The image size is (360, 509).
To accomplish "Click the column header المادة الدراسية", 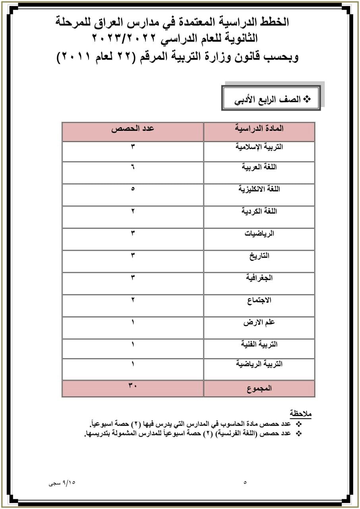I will point(259,128).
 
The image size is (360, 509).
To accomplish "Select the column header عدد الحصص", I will point(133,128).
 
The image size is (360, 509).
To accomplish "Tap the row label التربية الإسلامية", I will point(259,147).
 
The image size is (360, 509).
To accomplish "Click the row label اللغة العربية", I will point(259,167).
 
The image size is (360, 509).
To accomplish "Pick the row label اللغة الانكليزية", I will point(259,189).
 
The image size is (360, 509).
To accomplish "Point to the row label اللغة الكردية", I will point(259,211).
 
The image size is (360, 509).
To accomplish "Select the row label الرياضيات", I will point(259,233).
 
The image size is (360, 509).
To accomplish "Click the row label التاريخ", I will point(259,256).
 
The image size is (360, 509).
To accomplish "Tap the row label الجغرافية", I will point(259,278).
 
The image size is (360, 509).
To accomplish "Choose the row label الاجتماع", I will point(259,300).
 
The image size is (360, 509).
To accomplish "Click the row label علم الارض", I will point(259,322).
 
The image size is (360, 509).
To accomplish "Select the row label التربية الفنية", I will point(259,344).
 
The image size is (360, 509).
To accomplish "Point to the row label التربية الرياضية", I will point(259,364).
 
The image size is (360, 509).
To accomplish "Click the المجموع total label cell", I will point(259,389).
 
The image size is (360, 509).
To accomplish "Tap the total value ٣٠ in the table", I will point(133,385).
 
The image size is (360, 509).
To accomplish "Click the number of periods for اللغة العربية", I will point(133,167).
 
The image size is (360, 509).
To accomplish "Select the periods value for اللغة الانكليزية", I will point(133,188).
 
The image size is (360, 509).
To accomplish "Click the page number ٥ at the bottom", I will point(245,483).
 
